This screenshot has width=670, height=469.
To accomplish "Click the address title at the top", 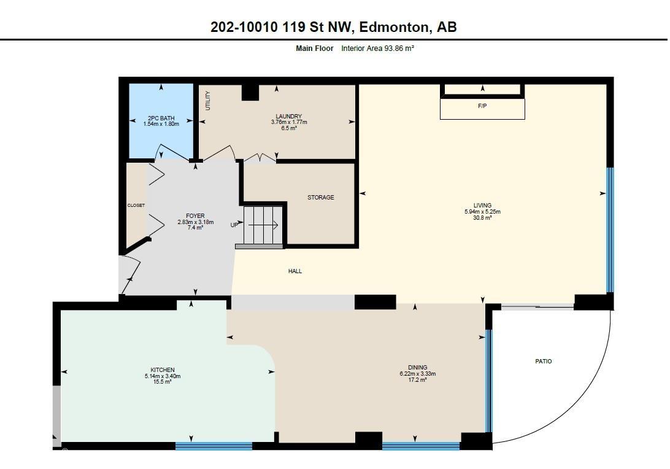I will tap(334, 27).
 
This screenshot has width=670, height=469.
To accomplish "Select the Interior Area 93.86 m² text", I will tap(377, 48).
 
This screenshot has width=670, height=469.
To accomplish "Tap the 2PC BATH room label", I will tap(161, 118).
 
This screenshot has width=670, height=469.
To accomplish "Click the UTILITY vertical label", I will tap(208, 101).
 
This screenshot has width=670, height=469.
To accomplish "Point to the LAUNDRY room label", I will tap(288, 117).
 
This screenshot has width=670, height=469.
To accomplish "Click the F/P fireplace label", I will tap(482, 106).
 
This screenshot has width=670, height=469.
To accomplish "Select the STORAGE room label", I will tap(320, 198).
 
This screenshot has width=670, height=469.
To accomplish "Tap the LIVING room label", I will tap(482, 206).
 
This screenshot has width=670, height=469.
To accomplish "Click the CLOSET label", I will tap(136, 206).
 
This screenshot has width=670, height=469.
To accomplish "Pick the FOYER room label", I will tap(195, 216).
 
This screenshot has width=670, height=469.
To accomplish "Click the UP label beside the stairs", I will tap(234, 225).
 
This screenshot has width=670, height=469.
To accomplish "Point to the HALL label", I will tap(295, 271).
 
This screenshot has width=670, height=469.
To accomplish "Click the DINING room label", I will tap(417, 368).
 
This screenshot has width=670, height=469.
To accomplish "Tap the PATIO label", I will tap(543, 362).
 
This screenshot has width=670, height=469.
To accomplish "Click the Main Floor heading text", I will tap(315, 48).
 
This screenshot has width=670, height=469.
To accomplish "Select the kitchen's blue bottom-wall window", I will tap(214, 446).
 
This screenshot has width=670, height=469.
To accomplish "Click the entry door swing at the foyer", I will tap(131, 274).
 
